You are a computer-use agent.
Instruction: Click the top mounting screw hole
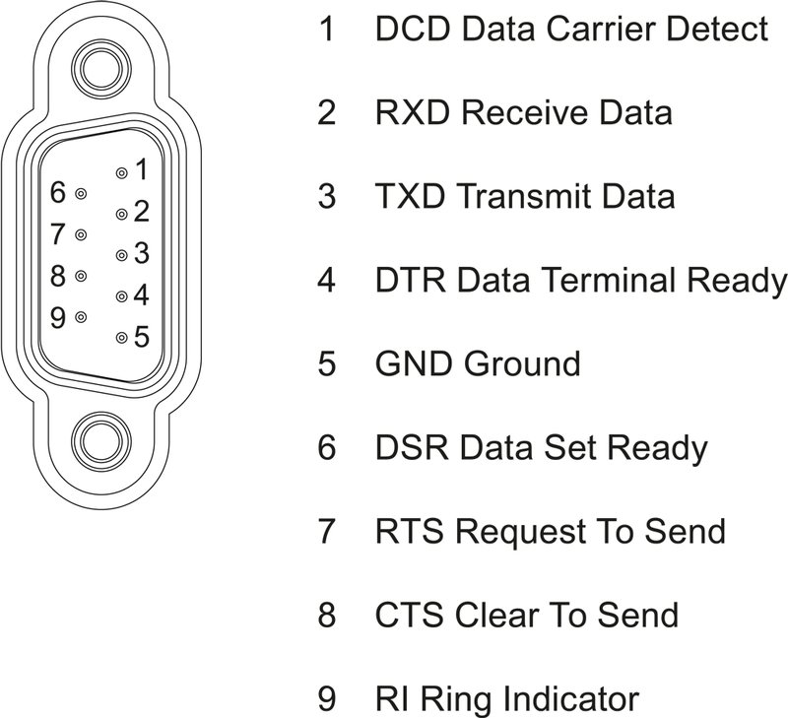click(98, 69)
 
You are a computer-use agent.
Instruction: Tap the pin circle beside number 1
click(121, 172)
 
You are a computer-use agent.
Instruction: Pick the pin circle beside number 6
click(81, 194)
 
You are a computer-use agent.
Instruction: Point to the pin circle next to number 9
click(81, 317)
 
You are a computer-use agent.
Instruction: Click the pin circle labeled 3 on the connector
click(121, 255)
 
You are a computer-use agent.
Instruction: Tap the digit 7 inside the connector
click(58, 234)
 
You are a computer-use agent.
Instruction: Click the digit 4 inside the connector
click(141, 294)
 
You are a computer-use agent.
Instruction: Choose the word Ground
click(522, 364)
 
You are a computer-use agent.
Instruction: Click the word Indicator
click(570, 700)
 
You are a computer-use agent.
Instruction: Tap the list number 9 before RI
click(326, 700)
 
